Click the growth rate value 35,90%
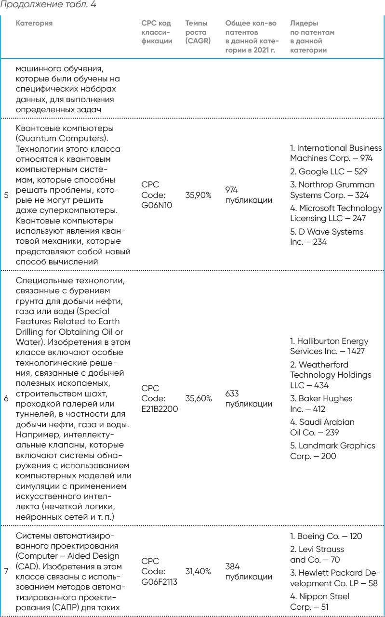pos(198,195)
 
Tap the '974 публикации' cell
pos(248,195)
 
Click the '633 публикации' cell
pos(248,399)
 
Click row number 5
pos(6,195)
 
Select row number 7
pos(6,572)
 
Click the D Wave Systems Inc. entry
pos(326,237)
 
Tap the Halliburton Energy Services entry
pos(329,346)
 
